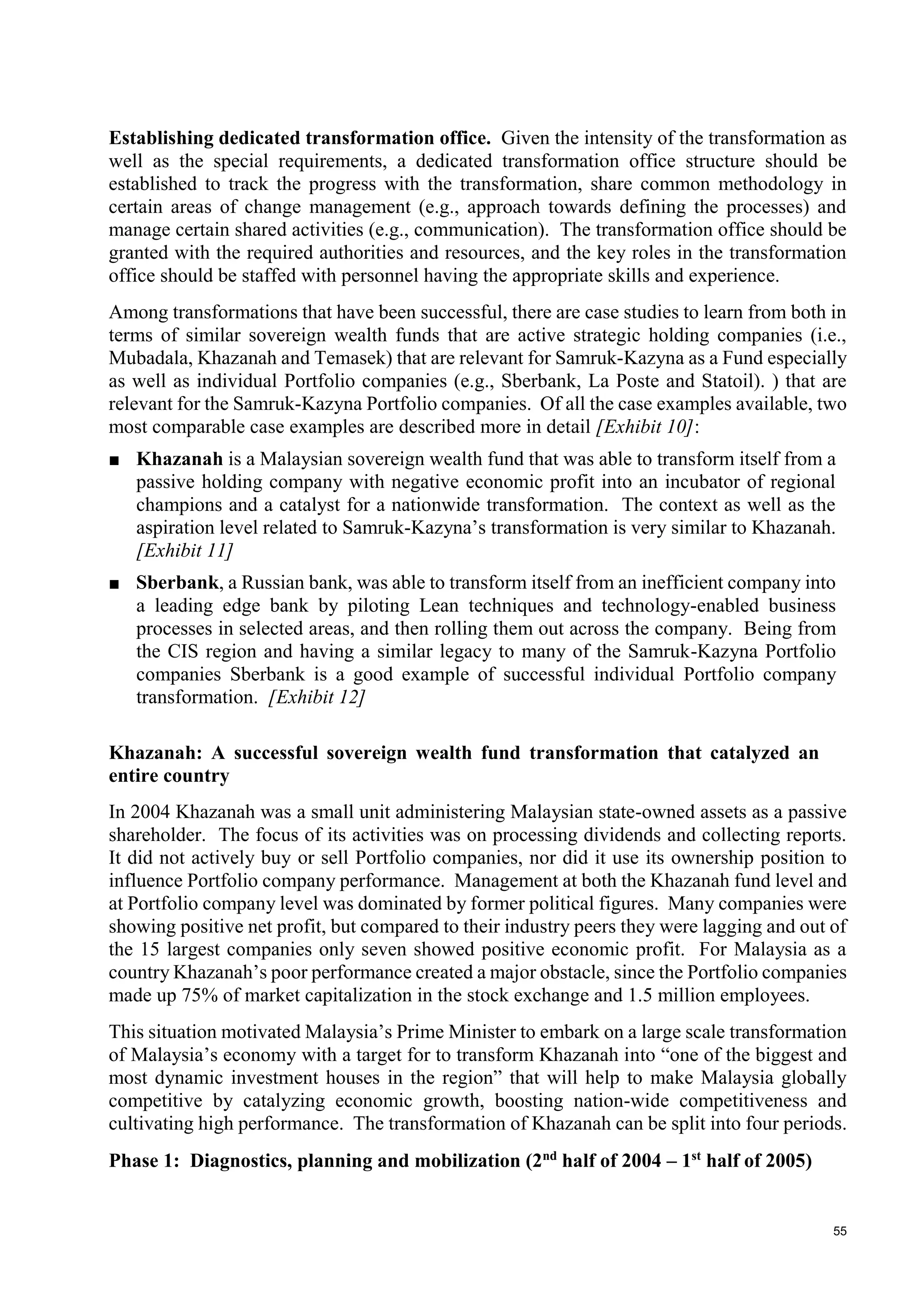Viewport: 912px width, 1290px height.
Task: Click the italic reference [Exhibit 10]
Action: point(645,427)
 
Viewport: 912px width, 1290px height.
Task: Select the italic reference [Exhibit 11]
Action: point(184,551)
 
